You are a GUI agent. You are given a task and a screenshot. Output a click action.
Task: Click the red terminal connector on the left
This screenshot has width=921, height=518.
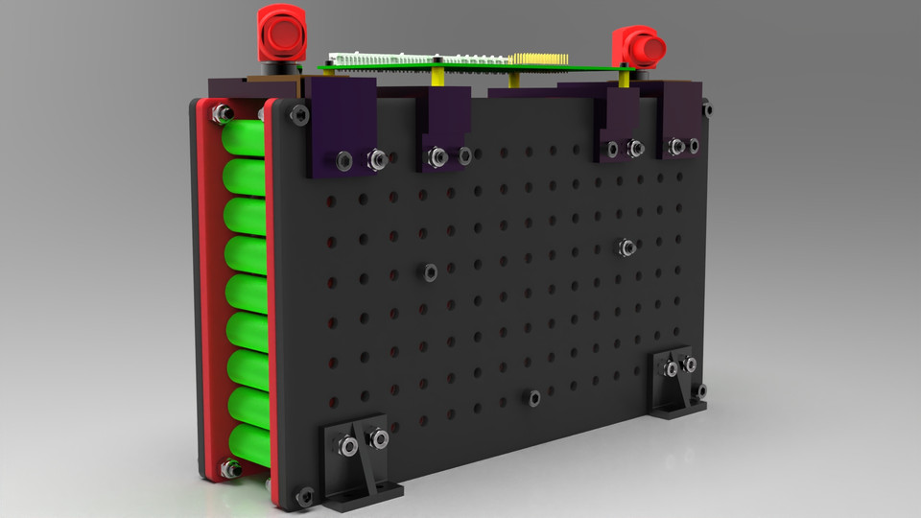279,36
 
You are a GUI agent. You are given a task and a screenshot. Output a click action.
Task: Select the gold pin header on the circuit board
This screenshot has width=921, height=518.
537,59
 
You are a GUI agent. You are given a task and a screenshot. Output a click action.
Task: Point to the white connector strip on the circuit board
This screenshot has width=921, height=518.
374,59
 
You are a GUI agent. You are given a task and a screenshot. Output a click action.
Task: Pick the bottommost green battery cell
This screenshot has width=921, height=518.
248,444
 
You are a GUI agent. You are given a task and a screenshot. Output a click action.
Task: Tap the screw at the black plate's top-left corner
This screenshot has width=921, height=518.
297,116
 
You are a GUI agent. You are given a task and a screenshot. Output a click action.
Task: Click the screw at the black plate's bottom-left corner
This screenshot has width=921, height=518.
305,495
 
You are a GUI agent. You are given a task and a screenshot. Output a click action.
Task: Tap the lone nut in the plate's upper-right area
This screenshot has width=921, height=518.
627,247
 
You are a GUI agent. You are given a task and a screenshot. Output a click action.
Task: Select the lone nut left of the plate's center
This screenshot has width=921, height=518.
431,272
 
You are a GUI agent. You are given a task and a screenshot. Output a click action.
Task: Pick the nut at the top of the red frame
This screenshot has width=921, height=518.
222,114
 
